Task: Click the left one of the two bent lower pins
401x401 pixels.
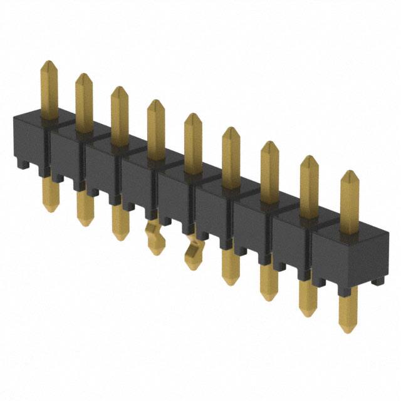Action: coord(153,238)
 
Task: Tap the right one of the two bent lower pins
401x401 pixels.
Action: coord(193,254)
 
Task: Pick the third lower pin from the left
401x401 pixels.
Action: coord(119,222)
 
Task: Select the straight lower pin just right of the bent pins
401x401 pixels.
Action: coord(231,266)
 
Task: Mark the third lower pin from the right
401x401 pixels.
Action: coord(269,282)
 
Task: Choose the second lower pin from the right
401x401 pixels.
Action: coord(308,298)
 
